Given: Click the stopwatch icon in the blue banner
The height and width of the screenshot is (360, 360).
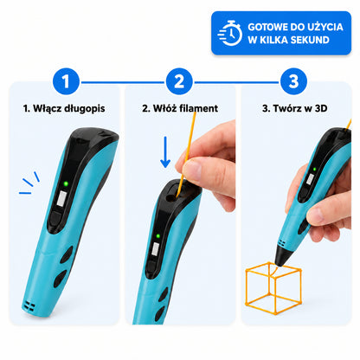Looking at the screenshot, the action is [x=230, y=33].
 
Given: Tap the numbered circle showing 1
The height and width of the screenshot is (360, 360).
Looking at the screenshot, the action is [x=66, y=81].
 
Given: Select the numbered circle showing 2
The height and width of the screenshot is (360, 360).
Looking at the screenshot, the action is [x=179, y=81].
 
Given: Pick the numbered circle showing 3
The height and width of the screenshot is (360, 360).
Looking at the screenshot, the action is [x=293, y=81].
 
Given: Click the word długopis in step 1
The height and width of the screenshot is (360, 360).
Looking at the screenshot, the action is [x=85, y=109].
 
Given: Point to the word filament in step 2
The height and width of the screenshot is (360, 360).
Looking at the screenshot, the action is [x=198, y=108].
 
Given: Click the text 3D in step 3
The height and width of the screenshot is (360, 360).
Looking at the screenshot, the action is [x=321, y=108].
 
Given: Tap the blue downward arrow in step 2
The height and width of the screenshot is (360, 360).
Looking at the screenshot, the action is [x=165, y=152].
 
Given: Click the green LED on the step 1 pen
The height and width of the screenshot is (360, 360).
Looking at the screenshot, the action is [x=66, y=183].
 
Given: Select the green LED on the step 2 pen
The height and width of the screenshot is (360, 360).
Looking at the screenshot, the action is [x=158, y=236].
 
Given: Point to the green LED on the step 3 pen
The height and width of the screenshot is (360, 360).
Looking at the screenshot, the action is [x=314, y=170].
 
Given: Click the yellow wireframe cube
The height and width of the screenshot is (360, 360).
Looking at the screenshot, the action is [x=273, y=288].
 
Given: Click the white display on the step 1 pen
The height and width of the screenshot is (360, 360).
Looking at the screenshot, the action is [x=61, y=199].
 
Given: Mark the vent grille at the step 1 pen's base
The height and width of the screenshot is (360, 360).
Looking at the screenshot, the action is [x=29, y=306].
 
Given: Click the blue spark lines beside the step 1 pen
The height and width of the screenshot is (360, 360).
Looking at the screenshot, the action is [x=29, y=183].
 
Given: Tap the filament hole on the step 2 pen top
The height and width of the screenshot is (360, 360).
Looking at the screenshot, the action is [x=171, y=197].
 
